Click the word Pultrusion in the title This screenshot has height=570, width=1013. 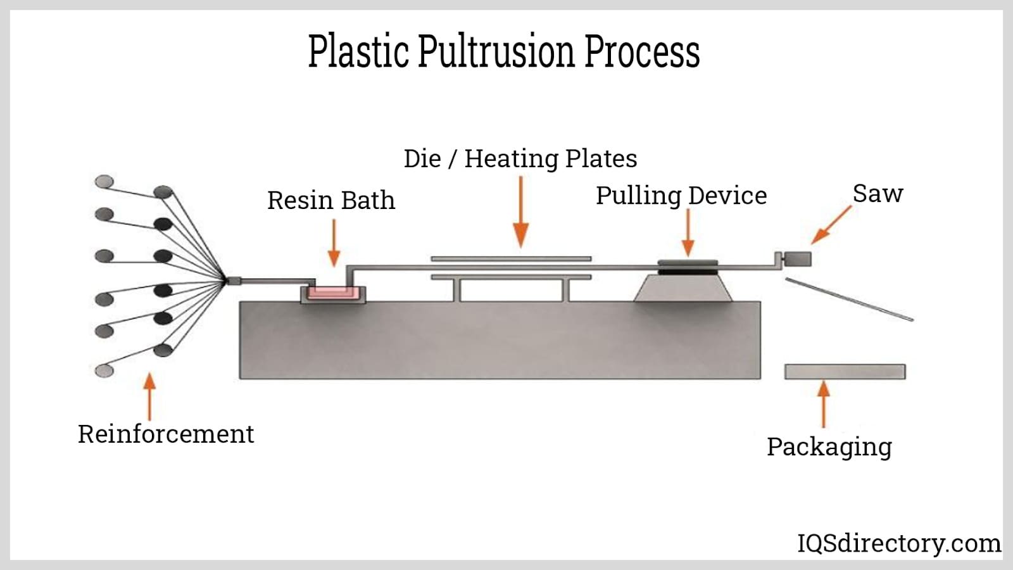tap(496, 52)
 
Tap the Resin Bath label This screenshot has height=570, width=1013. tap(330, 201)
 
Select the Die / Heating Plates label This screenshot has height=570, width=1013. tap(520, 158)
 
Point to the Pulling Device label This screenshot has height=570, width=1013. tap(681, 196)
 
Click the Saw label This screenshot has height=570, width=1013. tap(878, 194)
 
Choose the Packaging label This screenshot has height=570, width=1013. tap(829, 446)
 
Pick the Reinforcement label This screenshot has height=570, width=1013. tap(166, 434)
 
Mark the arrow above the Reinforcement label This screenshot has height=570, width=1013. tap(149, 397)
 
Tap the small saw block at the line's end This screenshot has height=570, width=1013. tap(797, 259)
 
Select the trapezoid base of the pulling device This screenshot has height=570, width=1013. tap(683, 289)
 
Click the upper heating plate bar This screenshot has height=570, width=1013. tap(511, 258)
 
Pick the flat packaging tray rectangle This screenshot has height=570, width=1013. tap(845, 372)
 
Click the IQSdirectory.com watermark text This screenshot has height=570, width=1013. tap(898, 543)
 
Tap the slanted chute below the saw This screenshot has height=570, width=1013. tap(848, 299)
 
